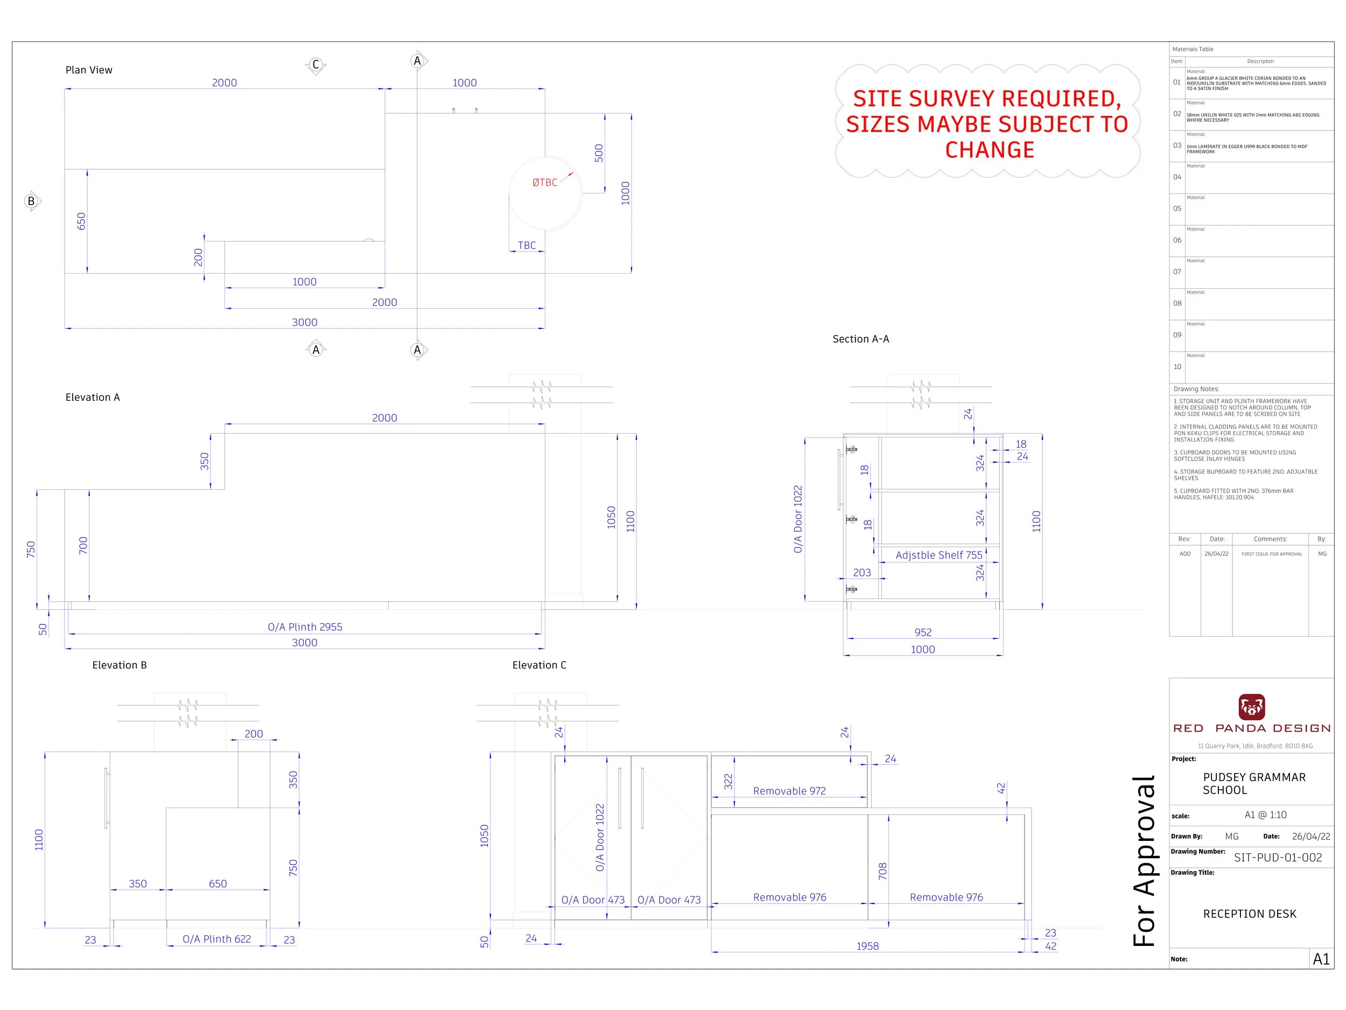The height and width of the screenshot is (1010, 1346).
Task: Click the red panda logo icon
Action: pos(1252,707)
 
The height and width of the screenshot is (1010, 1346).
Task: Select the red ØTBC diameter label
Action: pos(545,183)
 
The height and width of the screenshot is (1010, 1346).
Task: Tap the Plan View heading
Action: pos(89,70)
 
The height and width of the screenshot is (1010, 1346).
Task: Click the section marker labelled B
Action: pos(32,201)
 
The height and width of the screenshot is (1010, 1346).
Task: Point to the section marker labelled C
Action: pos(315,65)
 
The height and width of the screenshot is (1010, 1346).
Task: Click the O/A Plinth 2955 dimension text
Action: pos(305,627)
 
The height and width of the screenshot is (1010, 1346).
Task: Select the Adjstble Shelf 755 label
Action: pos(939,555)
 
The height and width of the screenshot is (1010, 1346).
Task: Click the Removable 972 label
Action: pos(789,791)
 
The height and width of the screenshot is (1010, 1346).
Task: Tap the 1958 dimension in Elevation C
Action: pos(867,946)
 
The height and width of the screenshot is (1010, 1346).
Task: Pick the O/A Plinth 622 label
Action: pos(216,939)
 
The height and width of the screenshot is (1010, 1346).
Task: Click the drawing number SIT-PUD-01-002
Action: pos(1278,858)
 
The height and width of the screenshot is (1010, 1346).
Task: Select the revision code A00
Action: pos(1184,554)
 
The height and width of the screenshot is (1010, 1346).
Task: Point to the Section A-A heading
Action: pos(860,339)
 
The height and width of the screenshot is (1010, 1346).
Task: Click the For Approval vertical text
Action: pos(1144,861)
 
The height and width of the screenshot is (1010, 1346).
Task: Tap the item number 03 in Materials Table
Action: pos(1177,145)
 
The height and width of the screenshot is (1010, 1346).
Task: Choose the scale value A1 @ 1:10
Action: pos(1265,815)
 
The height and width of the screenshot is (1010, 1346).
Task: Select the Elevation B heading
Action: pos(120,665)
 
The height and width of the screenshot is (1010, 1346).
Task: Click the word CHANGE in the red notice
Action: pos(990,150)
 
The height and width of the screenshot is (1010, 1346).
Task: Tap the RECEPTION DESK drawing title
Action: pos(1249,914)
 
